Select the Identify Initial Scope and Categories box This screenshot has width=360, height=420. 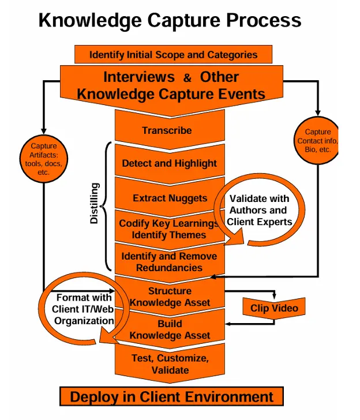tap(173, 55)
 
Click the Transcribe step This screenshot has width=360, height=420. tap(167, 130)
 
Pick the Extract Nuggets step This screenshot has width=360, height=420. tap(170, 198)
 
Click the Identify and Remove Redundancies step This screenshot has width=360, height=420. tap(169, 262)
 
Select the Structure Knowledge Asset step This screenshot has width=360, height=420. tap(170, 297)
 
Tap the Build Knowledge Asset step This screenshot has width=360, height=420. tap(170, 329)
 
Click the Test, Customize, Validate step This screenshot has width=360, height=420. tap(170, 363)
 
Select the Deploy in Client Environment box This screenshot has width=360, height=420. tap(171, 397)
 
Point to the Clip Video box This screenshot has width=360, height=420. tap(274, 308)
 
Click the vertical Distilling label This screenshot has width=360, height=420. tap(95, 203)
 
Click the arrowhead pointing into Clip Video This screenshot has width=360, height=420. tap(273, 297)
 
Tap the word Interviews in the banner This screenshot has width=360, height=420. tap(138, 77)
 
